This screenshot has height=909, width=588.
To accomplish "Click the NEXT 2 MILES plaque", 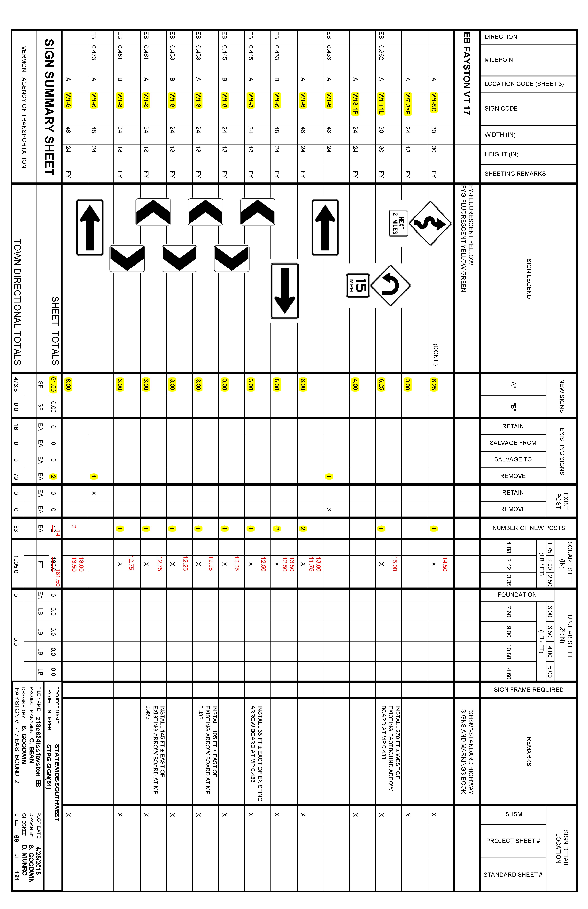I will point(398,223).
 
